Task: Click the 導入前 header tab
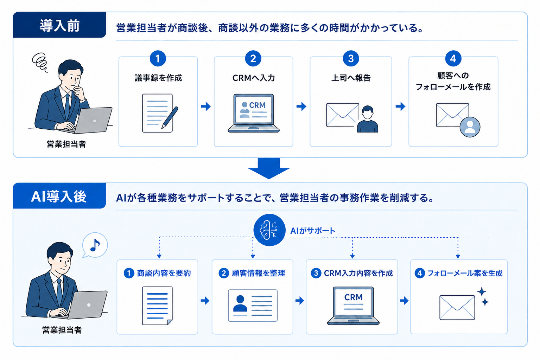(59, 25)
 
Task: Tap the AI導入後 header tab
(59, 196)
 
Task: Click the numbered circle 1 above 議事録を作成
(158, 58)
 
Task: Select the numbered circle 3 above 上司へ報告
(351, 58)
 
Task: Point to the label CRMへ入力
(253, 78)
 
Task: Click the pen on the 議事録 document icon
(170, 117)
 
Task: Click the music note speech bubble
(95, 245)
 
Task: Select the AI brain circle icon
(269, 230)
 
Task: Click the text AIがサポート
(313, 231)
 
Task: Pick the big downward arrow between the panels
(269, 168)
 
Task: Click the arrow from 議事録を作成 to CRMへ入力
(206, 106)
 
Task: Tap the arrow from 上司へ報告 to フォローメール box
(400, 106)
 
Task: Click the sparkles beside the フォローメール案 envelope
(483, 296)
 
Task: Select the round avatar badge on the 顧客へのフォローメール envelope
(470, 127)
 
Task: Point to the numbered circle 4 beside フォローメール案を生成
(420, 273)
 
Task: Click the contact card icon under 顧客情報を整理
(253, 305)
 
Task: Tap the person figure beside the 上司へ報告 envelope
(367, 119)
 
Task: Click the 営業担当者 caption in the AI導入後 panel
(62, 330)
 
